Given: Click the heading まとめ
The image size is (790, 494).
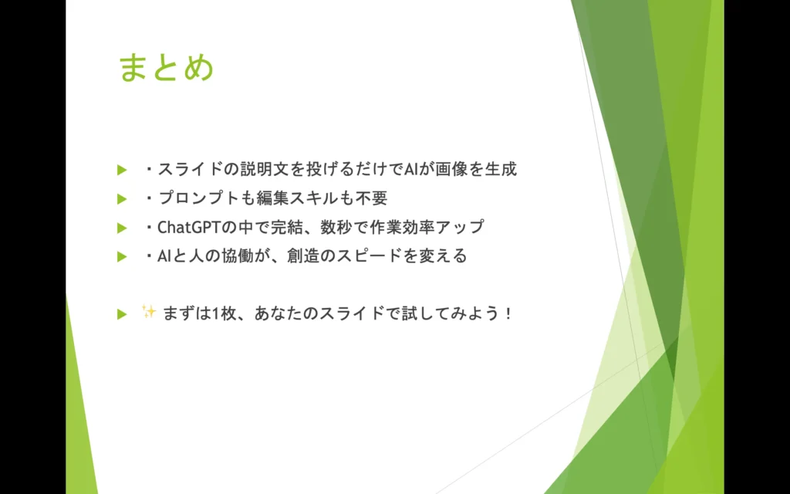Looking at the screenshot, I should (166, 68).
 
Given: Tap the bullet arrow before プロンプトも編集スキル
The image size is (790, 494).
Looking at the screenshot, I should (121, 199).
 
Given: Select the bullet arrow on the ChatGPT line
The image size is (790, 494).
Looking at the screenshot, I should (121, 228).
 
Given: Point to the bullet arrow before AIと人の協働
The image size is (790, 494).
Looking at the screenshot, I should (121, 257).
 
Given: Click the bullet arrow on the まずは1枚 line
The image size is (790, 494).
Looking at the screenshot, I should (121, 314).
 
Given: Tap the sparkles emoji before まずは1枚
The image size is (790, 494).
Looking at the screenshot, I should (149, 312).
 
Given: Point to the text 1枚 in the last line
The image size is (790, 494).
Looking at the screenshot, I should (214, 314).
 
